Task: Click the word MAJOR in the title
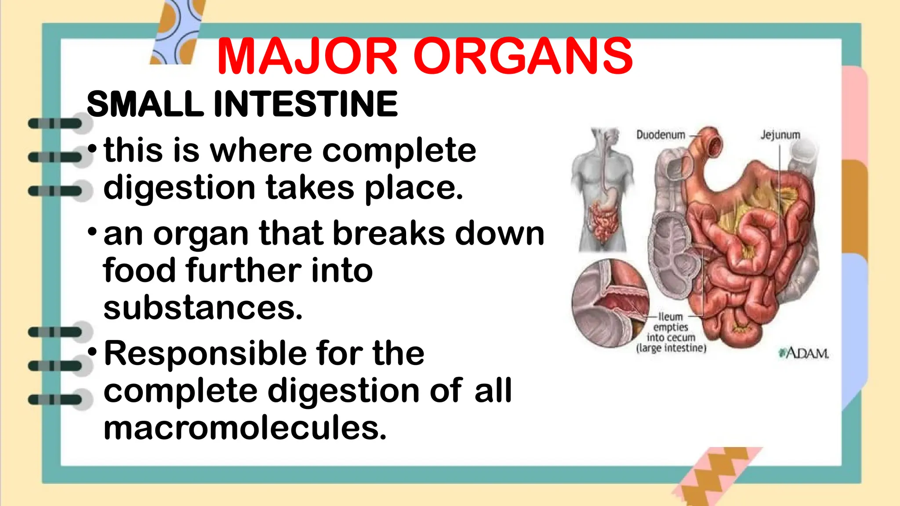click(x=307, y=57)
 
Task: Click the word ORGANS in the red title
click(x=523, y=57)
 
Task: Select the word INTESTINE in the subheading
click(x=305, y=104)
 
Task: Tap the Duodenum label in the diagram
click(x=660, y=135)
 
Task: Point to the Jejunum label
click(x=780, y=135)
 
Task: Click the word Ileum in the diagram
click(x=671, y=317)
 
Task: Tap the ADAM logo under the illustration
click(x=804, y=353)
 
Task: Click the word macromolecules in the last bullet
click(x=245, y=428)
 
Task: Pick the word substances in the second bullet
click(x=203, y=307)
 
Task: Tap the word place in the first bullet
click(x=414, y=188)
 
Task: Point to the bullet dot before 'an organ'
click(x=92, y=231)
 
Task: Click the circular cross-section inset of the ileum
click(x=611, y=303)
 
